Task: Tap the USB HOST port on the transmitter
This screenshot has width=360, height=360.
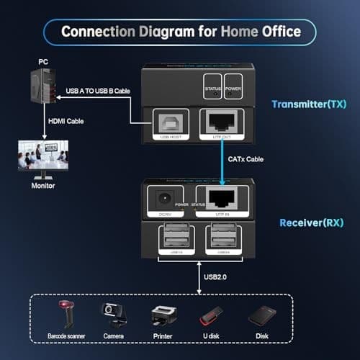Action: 170,124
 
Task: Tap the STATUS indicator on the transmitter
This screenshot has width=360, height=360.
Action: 212,84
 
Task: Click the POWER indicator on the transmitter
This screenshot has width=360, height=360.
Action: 233,84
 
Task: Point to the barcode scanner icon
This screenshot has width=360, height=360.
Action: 68,314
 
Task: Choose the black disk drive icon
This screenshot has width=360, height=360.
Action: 262,315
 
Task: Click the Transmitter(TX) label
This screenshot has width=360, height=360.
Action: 308,104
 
